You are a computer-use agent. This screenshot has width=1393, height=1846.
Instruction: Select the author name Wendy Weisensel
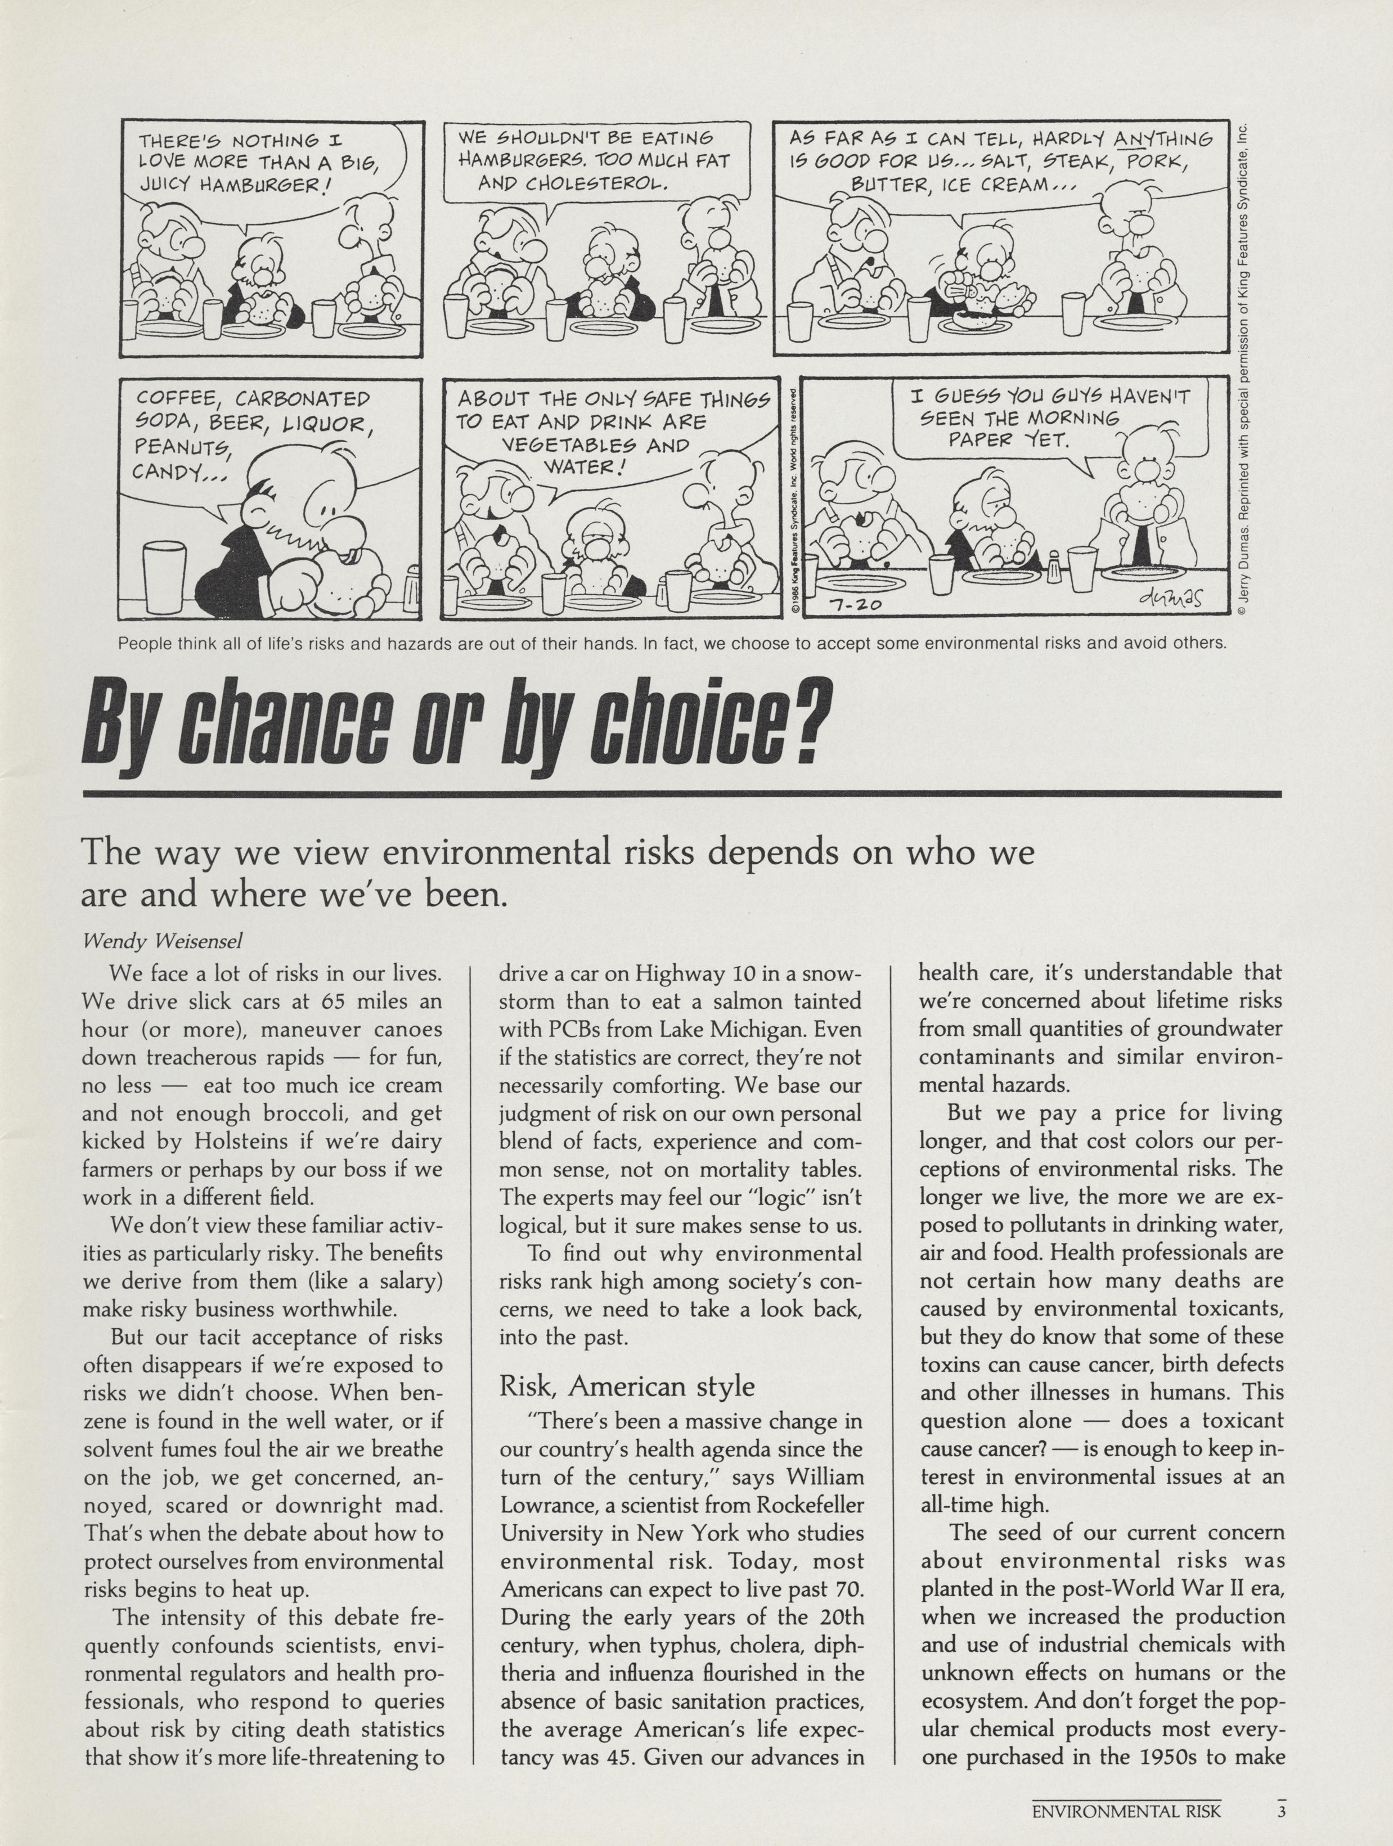pos(163,941)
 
